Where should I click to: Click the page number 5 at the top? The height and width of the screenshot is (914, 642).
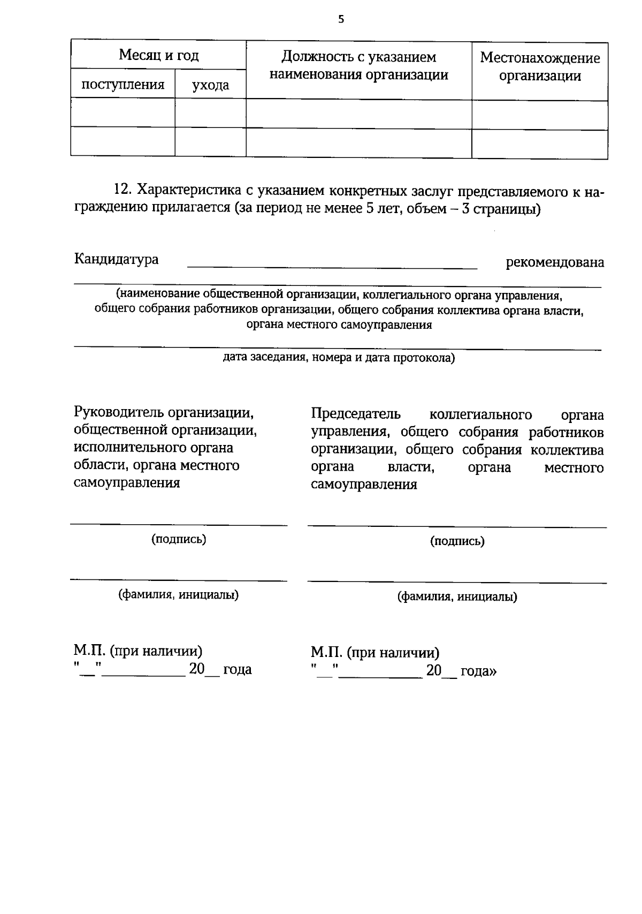click(341, 20)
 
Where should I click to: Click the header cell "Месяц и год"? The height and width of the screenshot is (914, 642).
click(158, 55)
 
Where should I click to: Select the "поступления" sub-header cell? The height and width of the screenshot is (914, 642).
click(123, 84)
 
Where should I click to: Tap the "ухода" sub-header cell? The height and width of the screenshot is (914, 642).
click(210, 85)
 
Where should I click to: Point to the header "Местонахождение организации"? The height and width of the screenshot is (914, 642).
click(540, 66)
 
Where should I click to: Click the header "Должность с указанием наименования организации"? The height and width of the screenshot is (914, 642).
click(358, 65)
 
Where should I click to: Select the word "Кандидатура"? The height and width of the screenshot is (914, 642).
click(116, 259)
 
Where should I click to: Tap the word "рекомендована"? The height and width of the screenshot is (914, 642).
click(555, 262)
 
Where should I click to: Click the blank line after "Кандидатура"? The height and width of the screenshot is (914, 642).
click(332, 267)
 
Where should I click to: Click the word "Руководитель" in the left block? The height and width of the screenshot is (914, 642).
click(118, 413)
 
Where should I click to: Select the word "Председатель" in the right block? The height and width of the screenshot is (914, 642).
click(355, 414)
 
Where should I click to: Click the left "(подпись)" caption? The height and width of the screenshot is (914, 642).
click(179, 539)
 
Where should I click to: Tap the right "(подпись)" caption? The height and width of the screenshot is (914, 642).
click(457, 541)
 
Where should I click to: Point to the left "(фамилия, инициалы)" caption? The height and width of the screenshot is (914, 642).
click(178, 595)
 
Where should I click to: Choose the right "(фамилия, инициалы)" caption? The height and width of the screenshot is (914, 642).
click(457, 596)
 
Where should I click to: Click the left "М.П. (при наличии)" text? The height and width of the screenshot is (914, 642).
click(138, 651)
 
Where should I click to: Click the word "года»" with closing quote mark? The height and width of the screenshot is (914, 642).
click(478, 670)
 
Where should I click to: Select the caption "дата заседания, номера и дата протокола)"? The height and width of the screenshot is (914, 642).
click(338, 358)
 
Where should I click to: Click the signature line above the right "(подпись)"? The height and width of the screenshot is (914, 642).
click(457, 527)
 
